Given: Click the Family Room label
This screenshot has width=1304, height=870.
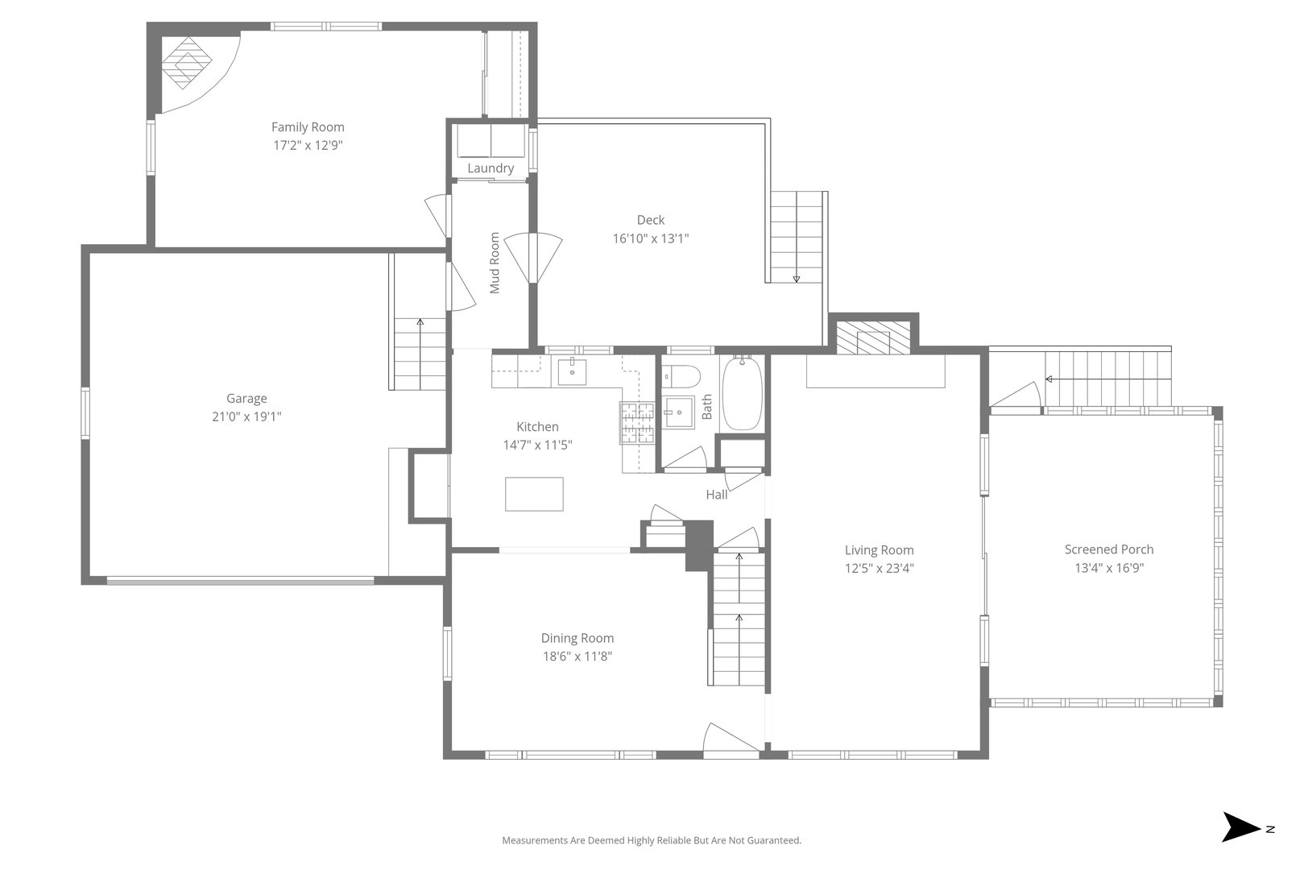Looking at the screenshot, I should pyautogui.click(x=307, y=126).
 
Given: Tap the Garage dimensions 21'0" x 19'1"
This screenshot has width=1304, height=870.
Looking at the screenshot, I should pyautogui.click(x=246, y=416).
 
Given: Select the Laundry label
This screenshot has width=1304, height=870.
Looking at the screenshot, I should pyautogui.click(x=490, y=168).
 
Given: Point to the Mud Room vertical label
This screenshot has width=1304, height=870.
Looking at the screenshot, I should pyautogui.click(x=495, y=263).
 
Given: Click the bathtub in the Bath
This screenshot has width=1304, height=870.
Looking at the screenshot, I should pyautogui.click(x=742, y=395).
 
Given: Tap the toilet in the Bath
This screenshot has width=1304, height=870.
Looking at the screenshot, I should pyautogui.click(x=681, y=375).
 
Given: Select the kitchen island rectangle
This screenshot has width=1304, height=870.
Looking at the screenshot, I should pyautogui.click(x=533, y=494).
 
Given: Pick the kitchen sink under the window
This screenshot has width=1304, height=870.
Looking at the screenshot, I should pyautogui.click(x=572, y=371).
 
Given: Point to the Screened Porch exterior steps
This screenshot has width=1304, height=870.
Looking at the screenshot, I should pyautogui.click(x=1107, y=379).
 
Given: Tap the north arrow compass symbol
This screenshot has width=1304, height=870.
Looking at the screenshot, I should pyautogui.click(x=1240, y=827).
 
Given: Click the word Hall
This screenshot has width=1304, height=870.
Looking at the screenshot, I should pyautogui.click(x=716, y=495).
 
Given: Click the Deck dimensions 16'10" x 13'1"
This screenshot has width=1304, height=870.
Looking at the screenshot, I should pyautogui.click(x=650, y=238).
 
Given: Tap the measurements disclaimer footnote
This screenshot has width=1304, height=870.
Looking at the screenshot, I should pyautogui.click(x=651, y=840).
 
